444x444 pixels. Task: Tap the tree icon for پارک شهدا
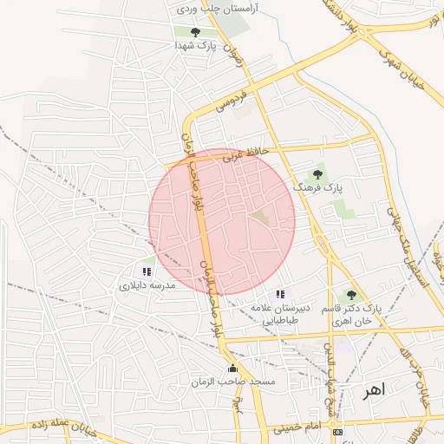pos(194,32)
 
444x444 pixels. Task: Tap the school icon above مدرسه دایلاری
pos(146,271)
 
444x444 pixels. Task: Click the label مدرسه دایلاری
pos(147,284)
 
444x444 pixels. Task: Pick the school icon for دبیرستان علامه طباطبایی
pos(279,295)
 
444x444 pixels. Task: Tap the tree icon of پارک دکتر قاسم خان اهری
pos(351,295)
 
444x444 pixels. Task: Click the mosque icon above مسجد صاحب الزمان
pos(232,369)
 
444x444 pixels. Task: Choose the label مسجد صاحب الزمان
pos(233,382)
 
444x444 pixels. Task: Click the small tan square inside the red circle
pos(260,216)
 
